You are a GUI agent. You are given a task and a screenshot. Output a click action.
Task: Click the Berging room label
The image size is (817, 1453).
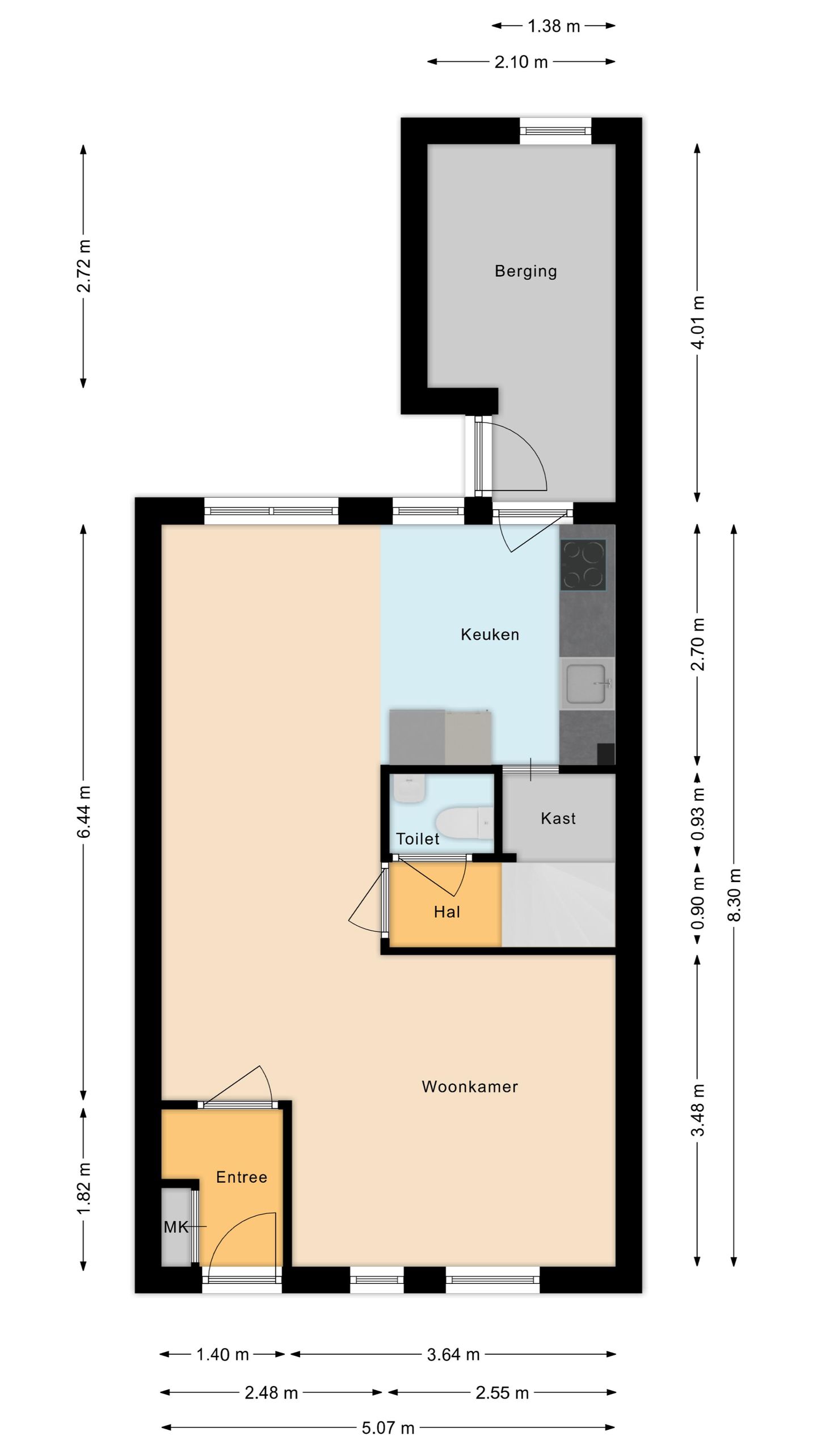point(525,271)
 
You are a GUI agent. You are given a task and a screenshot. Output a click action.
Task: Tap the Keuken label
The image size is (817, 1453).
point(490,634)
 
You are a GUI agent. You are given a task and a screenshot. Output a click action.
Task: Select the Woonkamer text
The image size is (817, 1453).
point(470,1086)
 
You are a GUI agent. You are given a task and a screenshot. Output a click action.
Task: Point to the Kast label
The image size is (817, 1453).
point(558,818)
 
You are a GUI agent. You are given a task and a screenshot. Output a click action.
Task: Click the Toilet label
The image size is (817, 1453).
point(418,839)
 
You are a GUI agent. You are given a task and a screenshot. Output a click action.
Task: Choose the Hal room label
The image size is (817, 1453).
point(447,912)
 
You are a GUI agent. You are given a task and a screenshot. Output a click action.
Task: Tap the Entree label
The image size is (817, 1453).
point(242,1177)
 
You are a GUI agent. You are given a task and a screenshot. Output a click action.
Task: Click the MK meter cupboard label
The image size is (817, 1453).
point(176,1228)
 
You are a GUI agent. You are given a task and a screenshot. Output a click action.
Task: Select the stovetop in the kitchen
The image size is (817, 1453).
point(583,564)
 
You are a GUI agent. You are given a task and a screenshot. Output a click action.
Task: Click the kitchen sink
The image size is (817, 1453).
point(588,683)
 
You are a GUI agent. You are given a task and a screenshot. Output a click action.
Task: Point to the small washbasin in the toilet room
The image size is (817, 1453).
point(408,789)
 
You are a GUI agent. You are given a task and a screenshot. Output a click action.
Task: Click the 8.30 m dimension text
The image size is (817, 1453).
point(734,896)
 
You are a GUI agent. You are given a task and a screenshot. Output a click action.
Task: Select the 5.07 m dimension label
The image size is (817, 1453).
point(388,1428)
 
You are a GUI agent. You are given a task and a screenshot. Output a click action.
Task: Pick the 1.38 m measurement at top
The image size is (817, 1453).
point(554,26)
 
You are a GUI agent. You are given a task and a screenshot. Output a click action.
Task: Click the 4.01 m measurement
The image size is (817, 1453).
point(698,322)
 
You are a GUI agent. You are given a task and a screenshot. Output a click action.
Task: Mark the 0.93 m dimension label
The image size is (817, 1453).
point(698,814)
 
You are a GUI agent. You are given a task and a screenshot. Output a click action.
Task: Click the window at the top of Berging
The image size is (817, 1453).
point(556,131)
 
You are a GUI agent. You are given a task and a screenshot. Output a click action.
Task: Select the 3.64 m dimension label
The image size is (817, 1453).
point(453,1355)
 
